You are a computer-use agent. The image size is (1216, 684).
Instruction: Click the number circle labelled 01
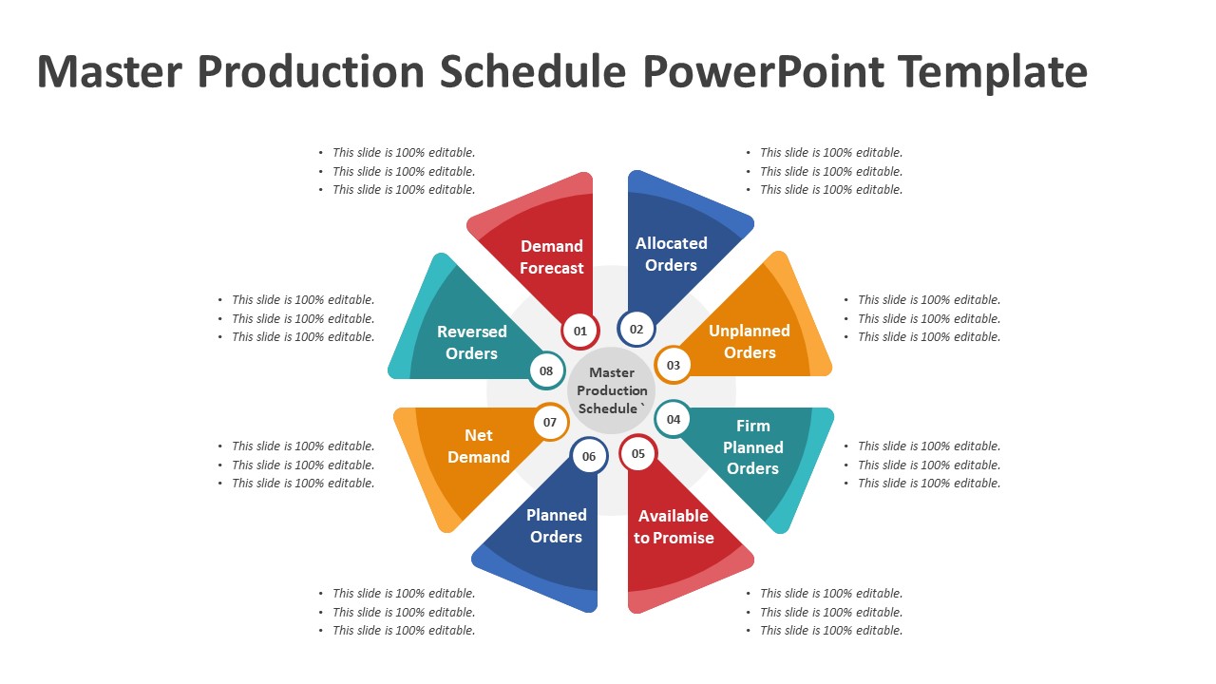pyautogui.click(x=580, y=331)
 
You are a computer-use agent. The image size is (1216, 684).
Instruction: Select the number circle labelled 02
pyautogui.click(x=636, y=329)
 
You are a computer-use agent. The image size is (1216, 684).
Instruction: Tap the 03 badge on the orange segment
pyautogui.click(x=674, y=365)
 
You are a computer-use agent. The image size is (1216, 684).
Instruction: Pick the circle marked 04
pyautogui.click(x=674, y=419)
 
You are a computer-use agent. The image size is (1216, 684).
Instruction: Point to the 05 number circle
pyautogui.click(x=638, y=453)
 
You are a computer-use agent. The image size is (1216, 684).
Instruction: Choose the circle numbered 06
pyautogui.click(x=589, y=456)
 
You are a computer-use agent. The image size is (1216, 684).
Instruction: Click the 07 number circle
pyautogui.click(x=550, y=422)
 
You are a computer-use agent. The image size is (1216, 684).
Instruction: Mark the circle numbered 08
pyautogui.click(x=546, y=370)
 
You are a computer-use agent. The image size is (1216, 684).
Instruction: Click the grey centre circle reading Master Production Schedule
pyautogui.click(x=611, y=390)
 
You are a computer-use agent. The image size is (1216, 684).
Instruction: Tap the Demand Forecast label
pyautogui.click(x=552, y=256)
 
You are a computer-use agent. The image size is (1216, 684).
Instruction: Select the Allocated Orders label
pyautogui.click(x=672, y=254)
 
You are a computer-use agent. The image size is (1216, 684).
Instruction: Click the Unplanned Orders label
pyautogui.click(x=750, y=341)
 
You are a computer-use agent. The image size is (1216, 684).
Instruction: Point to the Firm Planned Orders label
pyautogui.click(x=753, y=446)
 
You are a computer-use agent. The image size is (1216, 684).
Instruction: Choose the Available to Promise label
pyautogui.click(x=674, y=526)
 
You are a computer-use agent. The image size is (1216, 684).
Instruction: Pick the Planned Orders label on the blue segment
pyautogui.click(x=557, y=525)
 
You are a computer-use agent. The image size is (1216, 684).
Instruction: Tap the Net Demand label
pyautogui.click(x=478, y=446)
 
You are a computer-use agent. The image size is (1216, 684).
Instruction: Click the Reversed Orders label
pyautogui.click(x=472, y=343)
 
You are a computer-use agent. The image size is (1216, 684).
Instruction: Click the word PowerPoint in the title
pyautogui.click(x=764, y=71)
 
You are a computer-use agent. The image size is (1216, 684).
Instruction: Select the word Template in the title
pyautogui.click(x=993, y=71)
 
